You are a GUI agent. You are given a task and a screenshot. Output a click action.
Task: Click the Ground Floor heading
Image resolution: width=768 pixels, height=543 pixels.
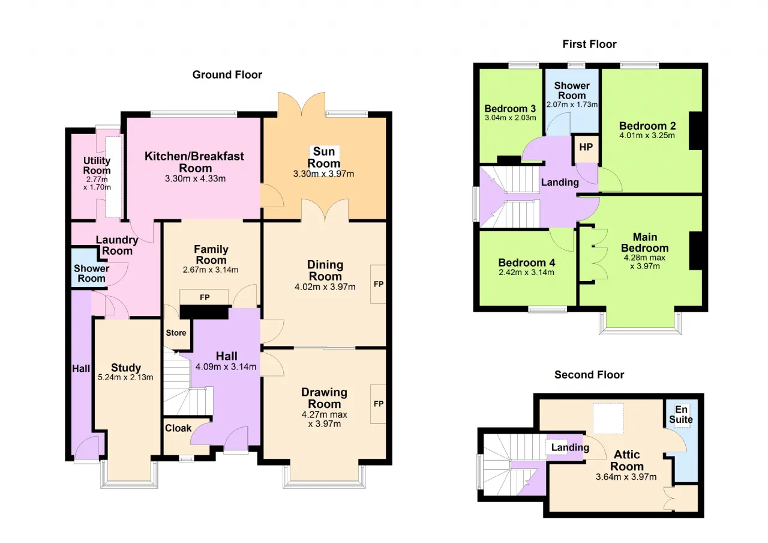(x=227, y=74)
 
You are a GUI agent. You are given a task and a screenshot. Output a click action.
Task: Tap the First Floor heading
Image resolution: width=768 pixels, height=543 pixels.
(x=589, y=44)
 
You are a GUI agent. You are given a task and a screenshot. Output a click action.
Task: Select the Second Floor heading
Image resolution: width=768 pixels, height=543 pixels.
(x=589, y=374)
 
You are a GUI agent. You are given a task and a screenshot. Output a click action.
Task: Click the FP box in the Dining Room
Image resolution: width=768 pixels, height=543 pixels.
(x=378, y=284)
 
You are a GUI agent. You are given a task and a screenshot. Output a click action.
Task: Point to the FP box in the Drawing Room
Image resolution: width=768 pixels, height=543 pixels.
(x=378, y=404)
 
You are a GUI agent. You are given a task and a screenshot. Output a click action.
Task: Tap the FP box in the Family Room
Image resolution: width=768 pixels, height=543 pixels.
(x=205, y=297)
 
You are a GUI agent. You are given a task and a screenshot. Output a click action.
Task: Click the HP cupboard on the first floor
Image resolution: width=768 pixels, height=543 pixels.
(x=586, y=148)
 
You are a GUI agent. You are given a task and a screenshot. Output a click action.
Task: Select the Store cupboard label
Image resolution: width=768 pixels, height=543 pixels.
(x=176, y=333)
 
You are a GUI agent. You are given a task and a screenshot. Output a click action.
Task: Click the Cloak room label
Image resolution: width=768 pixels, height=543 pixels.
(x=178, y=428)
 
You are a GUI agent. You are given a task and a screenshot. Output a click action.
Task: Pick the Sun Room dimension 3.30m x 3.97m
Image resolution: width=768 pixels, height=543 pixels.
(x=323, y=174)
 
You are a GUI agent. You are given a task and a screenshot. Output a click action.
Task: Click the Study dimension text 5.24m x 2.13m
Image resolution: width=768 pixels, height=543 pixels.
(x=125, y=377)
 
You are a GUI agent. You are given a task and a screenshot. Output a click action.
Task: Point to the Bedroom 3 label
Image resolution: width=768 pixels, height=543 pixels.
(x=510, y=109)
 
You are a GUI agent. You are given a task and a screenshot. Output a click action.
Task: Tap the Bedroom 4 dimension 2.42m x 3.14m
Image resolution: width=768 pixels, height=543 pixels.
(x=526, y=272)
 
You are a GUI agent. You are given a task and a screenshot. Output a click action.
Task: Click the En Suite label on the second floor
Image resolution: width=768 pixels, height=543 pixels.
(x=681, y=414)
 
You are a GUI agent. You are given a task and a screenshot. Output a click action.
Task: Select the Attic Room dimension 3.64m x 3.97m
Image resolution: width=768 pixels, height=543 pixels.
(x=626, y=477)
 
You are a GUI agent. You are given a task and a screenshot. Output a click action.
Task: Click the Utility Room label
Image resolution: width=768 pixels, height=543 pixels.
(x=97, y=165)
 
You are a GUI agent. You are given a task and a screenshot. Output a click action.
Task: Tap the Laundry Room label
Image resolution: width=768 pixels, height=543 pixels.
(x=117, y=245)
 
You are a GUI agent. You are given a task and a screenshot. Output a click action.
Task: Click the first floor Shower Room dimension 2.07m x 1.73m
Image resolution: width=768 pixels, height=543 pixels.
(x=572, y=105)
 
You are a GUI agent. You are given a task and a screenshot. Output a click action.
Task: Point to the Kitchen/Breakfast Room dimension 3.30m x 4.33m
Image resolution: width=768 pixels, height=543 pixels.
(x=195, y=178)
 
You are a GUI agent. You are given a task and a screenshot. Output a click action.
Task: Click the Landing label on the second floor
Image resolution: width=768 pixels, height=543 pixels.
(x=570, y=447)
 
